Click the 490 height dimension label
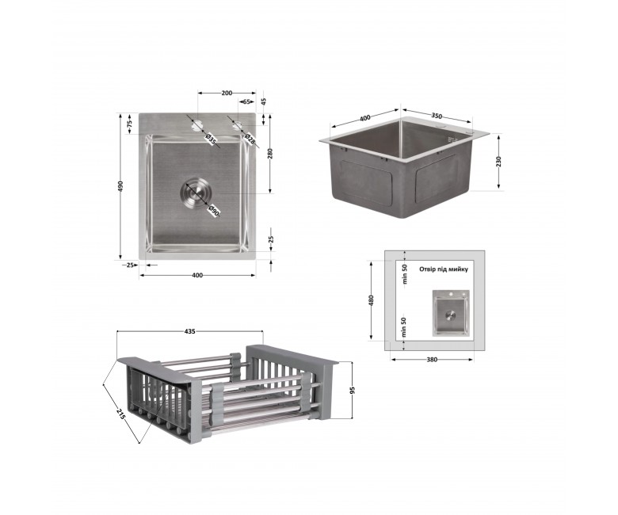120,186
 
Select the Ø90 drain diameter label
213,211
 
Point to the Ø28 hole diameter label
250,139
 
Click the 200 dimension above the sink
227,93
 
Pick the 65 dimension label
246,101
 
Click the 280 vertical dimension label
270,154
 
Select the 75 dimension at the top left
129,124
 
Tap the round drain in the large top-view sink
196,193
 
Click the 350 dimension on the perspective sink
437,116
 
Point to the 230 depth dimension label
498,162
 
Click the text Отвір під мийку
444,269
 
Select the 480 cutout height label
371,300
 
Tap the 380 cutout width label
432,360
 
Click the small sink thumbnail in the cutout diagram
451,313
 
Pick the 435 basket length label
189,331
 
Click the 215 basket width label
121,414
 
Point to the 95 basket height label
353,390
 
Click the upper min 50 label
404,274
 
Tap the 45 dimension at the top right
264,102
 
